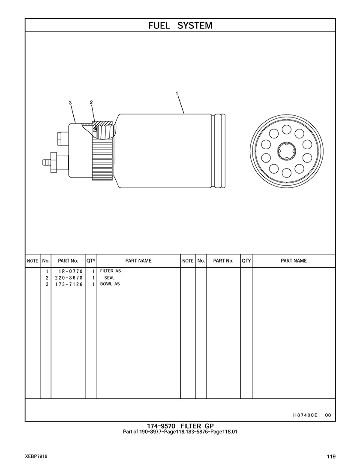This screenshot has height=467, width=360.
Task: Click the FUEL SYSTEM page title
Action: click(180, 26)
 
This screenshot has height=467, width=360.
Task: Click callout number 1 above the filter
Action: click(177, 93)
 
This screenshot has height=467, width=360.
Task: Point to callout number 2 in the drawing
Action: click(91, 102)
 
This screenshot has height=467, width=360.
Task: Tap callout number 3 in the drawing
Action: click(70, 103)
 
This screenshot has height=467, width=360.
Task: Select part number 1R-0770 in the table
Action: click(71, 271)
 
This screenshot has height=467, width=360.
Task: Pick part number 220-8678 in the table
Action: click(69, 278)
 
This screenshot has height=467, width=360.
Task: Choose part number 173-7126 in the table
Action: click(69, 284)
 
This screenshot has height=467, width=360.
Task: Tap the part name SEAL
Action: click(109, 278)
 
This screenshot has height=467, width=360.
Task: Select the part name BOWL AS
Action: click(110, 284)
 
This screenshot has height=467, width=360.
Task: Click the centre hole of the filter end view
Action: click(286, 151)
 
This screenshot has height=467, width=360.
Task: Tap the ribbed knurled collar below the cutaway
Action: click(103, 159)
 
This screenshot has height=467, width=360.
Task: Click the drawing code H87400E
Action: click(305, 415)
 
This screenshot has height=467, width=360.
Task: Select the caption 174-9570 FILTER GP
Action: click(180, 426)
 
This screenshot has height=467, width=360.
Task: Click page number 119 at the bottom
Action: click(331, 456)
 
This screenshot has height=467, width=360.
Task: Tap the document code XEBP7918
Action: click(36, 456)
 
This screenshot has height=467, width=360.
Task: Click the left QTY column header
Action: click(91, 261)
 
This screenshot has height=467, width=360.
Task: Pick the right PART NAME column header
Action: click(294, 261)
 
